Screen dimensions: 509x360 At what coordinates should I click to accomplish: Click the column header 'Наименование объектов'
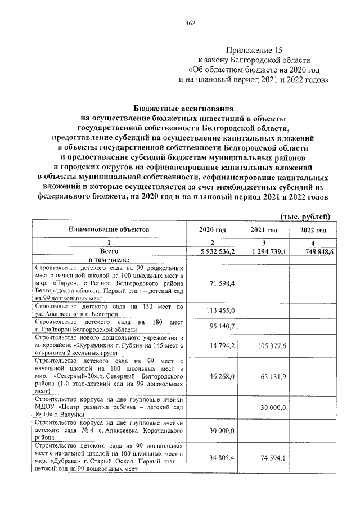click(110, 230)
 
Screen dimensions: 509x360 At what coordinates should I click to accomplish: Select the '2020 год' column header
click(213, 231)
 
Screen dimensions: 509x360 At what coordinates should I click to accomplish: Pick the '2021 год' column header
click(264, 231)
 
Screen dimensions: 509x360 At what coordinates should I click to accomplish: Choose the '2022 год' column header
click(313, 231)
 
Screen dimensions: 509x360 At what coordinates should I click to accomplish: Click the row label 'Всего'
click(109, 251)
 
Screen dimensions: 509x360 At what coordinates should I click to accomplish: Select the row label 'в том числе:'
click(109, 259)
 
